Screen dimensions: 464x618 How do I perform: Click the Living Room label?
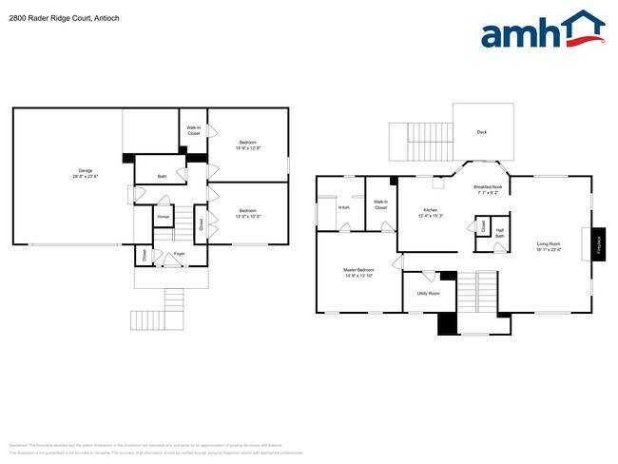pyautogui.click(x=547, y=246)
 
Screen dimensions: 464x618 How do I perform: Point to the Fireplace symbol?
pyautogui.click(x=600, y=243)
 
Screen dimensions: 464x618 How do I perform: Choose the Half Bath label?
pyautogui.click(x=499, y=232)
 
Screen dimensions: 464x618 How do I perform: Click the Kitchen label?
pyautogui.click(x=431, y=212)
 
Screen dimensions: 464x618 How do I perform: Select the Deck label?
pyautogui.click(x=482, y=132)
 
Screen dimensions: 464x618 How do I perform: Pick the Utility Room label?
pyautogui.click(x=428, y=294)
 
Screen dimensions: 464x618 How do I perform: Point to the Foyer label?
pyautogui.click(x=179, y=255)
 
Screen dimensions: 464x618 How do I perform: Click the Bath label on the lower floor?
pyautogui.click(x=162, y=175)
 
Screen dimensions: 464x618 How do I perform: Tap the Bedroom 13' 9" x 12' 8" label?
pyautogui.click(x=247, y=145)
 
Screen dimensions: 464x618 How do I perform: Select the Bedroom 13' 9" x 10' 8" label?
pyautogui.click(x=247, y=213)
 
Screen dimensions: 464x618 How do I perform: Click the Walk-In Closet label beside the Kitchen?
pyautogui.click(x=380, y=204)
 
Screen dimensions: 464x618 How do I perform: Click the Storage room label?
pyautogui.click(x=164, y=218)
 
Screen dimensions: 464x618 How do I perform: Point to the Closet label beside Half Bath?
pyautogui.click(x=482, y=226)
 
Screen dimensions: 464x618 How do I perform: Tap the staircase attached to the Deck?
pyautogui.click(x=418, y=143)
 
